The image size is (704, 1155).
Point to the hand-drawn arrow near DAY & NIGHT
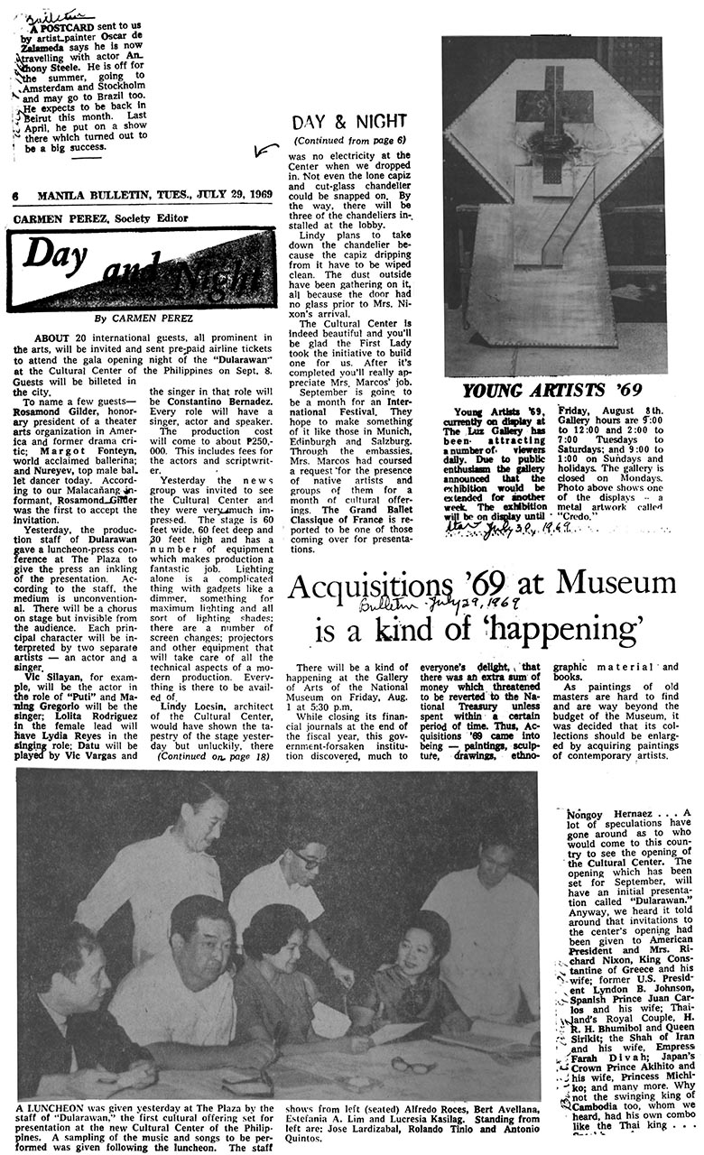coord(266,150)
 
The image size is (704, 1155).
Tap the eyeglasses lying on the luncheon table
coord(413,1065)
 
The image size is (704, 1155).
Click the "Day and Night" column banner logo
coord(142,267)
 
